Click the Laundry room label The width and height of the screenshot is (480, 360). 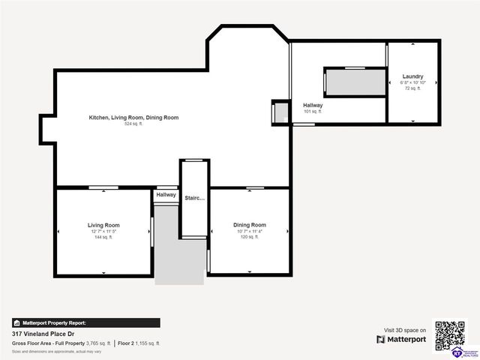pyautogui.click(x=412, y=76)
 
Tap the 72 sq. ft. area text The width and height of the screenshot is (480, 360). pyautogui.click(x=412, y=88)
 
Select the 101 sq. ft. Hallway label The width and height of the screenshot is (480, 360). pyautogui.click(x=313, y=106)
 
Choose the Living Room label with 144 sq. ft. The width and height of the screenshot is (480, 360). pyautogui.click(x=103, y=225)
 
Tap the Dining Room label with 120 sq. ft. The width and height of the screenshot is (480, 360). pyautogui.click(x=249, y=225)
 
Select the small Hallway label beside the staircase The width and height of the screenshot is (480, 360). pyautogui.click(x=166, y=195)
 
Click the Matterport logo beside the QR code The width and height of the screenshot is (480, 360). pyautogui.click(x=401, y=340)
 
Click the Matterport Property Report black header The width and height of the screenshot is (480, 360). pyautogui.click(x=85, y=322)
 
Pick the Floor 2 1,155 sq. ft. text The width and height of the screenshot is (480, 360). pyautogui.click(x=139, y=343)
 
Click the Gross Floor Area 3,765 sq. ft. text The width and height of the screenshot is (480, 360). pyautogui.click(x=61, y=343)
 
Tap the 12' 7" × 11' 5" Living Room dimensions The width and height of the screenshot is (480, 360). pyautogui.click(x=103, y=232)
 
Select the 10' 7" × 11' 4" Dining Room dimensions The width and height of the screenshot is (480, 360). pyautogui.click(x=249, y=232)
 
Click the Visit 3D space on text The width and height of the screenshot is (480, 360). pyautogui.click(x=405, y=330)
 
